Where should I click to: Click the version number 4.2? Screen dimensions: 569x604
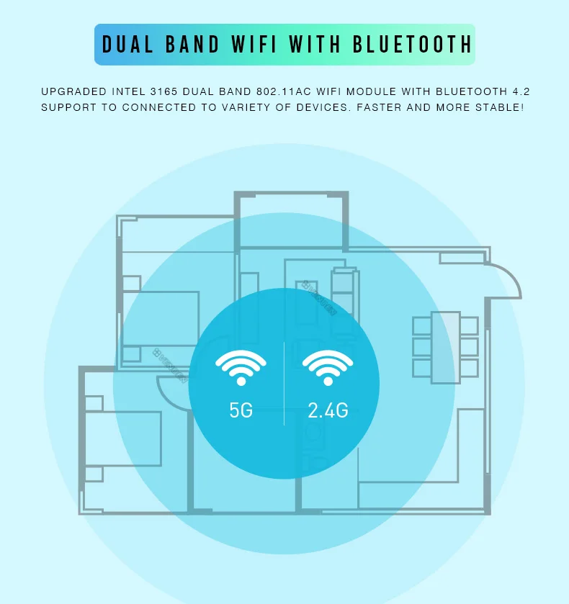pos(529,92)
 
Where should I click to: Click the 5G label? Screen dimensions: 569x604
pos(241,410)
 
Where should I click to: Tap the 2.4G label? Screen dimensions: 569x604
pos(328,410)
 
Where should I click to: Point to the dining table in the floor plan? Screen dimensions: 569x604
pos(445,347)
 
